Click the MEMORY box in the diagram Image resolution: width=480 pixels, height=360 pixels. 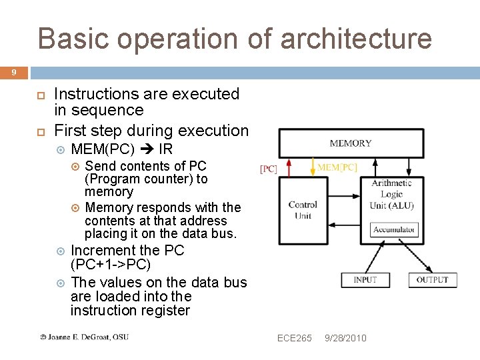click(x=351, y=143)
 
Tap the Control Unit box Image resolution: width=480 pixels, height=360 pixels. click(x=303, y=210)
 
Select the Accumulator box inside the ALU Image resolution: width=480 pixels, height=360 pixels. click(x=394, y=229)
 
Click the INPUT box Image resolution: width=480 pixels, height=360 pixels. click(x=365, y=279)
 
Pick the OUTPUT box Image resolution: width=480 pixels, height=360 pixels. click(x=433, y=279)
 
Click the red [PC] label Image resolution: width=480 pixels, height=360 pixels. click(x=268, y=169)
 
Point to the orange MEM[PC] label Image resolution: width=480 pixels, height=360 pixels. click(x=337, y=167)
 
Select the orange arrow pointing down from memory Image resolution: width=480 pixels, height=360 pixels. click(x=312, y=167)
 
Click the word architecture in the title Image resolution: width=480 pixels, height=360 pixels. click(x=356, y=39)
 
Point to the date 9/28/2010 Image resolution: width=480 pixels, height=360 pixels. click(x=345, y=338)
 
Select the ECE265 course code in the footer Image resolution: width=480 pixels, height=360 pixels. click(x=294, y=338)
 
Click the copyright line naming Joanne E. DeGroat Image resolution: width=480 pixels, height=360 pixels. click(x=84, y=337)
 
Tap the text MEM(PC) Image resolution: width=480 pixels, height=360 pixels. click(x=103, y=149)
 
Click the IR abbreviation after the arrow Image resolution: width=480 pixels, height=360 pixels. click(x=166, y=149)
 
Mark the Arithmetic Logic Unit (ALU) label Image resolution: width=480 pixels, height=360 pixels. click(x=391, y=194)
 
